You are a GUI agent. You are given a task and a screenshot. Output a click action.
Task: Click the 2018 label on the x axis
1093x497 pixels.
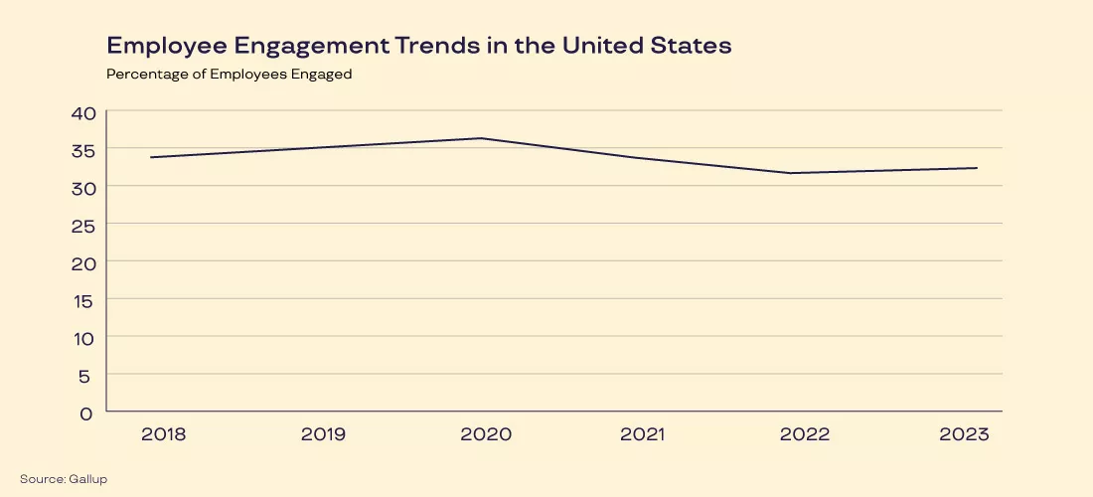point(163,434)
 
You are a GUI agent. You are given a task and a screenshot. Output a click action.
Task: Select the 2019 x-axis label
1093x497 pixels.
point(324,434)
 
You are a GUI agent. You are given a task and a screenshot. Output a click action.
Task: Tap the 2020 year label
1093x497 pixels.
point(486,434)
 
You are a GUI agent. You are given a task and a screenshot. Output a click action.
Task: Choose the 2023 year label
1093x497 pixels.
point(964,434)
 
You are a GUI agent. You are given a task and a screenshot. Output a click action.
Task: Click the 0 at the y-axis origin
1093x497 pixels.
point(87,412)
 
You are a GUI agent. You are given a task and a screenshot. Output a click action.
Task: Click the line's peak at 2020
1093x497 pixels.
point(483,138)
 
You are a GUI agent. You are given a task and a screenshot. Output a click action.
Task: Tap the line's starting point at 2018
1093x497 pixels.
point(151,157)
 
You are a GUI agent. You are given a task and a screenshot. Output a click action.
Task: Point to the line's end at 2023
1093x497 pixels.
point(977,168)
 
